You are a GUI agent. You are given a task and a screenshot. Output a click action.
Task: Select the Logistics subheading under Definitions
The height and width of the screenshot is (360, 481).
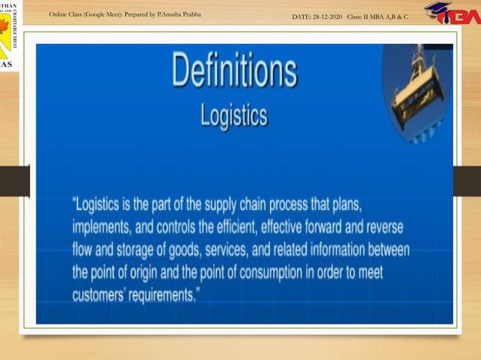(x=234, y=116)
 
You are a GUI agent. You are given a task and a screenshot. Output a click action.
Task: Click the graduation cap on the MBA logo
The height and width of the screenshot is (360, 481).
(x=437, y=9)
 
